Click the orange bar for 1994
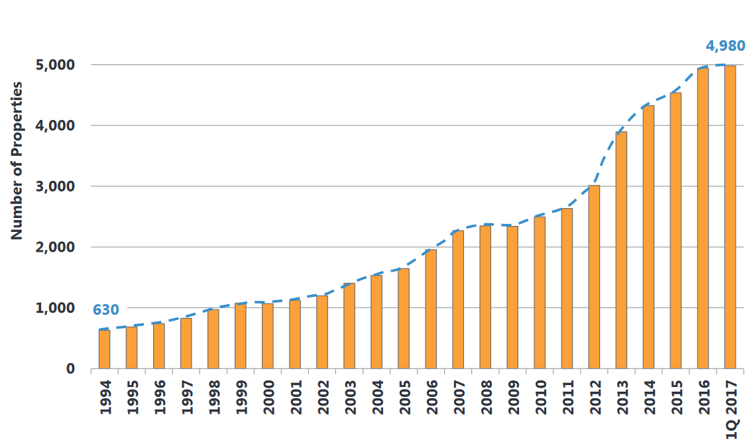click(104, 349)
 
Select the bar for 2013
click(621, 250)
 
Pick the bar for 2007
click(458, 300)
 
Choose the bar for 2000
click(267, 336)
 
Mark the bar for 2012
click(594, 277)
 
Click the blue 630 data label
click(105, 309)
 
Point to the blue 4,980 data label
click(725, 46)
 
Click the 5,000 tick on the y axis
click(56, 65)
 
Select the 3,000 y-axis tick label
click(56, 186)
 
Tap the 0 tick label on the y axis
click(69, 368)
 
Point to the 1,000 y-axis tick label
click(56, 308)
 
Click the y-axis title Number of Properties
click(17, 160)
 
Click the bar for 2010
click(540, 292)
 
